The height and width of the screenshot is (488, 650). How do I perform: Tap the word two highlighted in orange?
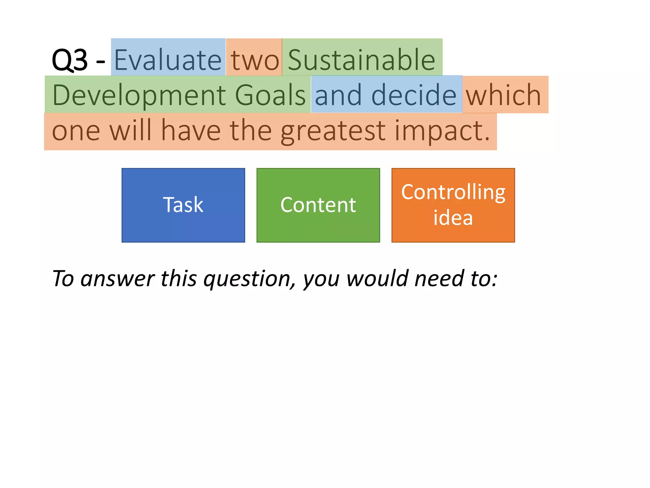click(x=255, y=60)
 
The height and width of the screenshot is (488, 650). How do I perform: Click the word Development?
click(x=139, y=95)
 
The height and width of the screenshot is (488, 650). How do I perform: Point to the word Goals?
click(x=270, y=95)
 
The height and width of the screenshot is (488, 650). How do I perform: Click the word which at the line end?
click(x=503, y=95)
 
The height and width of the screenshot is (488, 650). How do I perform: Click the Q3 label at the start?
click(x=70, y=60)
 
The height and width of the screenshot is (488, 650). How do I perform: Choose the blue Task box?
click(x=183, y=205)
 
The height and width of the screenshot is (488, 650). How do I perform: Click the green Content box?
click(x=318, y=205)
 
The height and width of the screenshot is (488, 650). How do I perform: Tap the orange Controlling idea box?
click(x=453, y=205)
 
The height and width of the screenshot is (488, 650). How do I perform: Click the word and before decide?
click(x=338, y=95)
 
